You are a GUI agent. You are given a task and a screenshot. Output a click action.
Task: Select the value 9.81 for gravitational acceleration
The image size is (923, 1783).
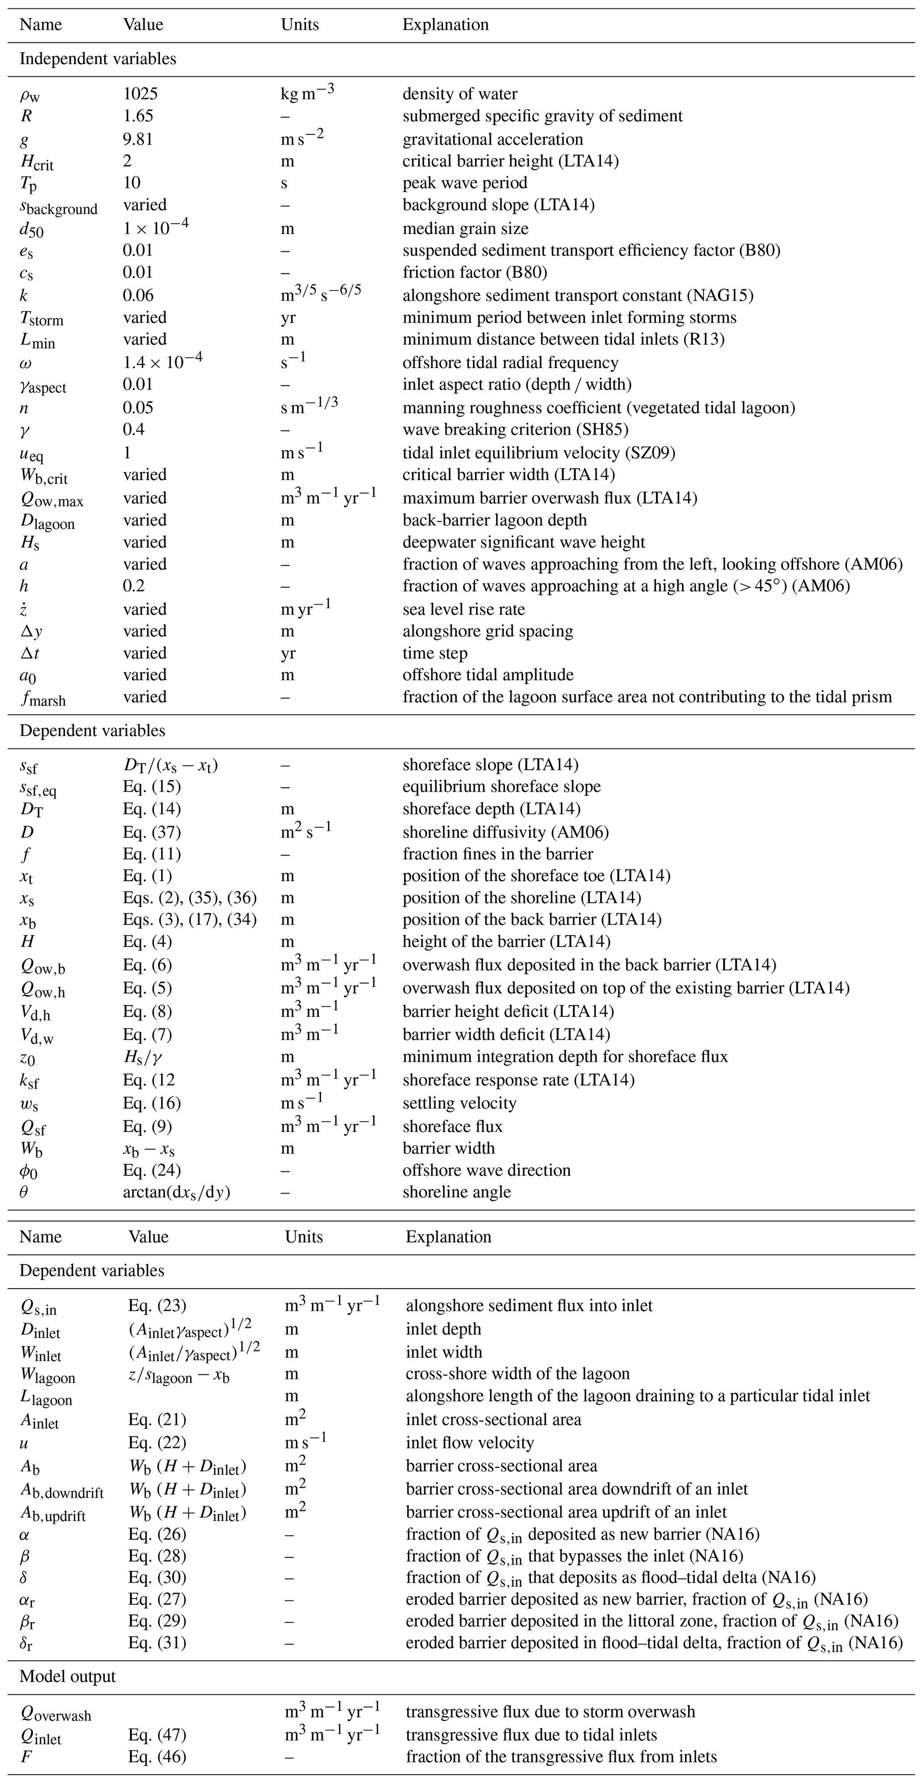138,139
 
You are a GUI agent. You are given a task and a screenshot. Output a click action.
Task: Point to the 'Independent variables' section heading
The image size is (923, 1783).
98,59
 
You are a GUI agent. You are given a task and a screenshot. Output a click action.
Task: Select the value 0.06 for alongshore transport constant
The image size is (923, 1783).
138,296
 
